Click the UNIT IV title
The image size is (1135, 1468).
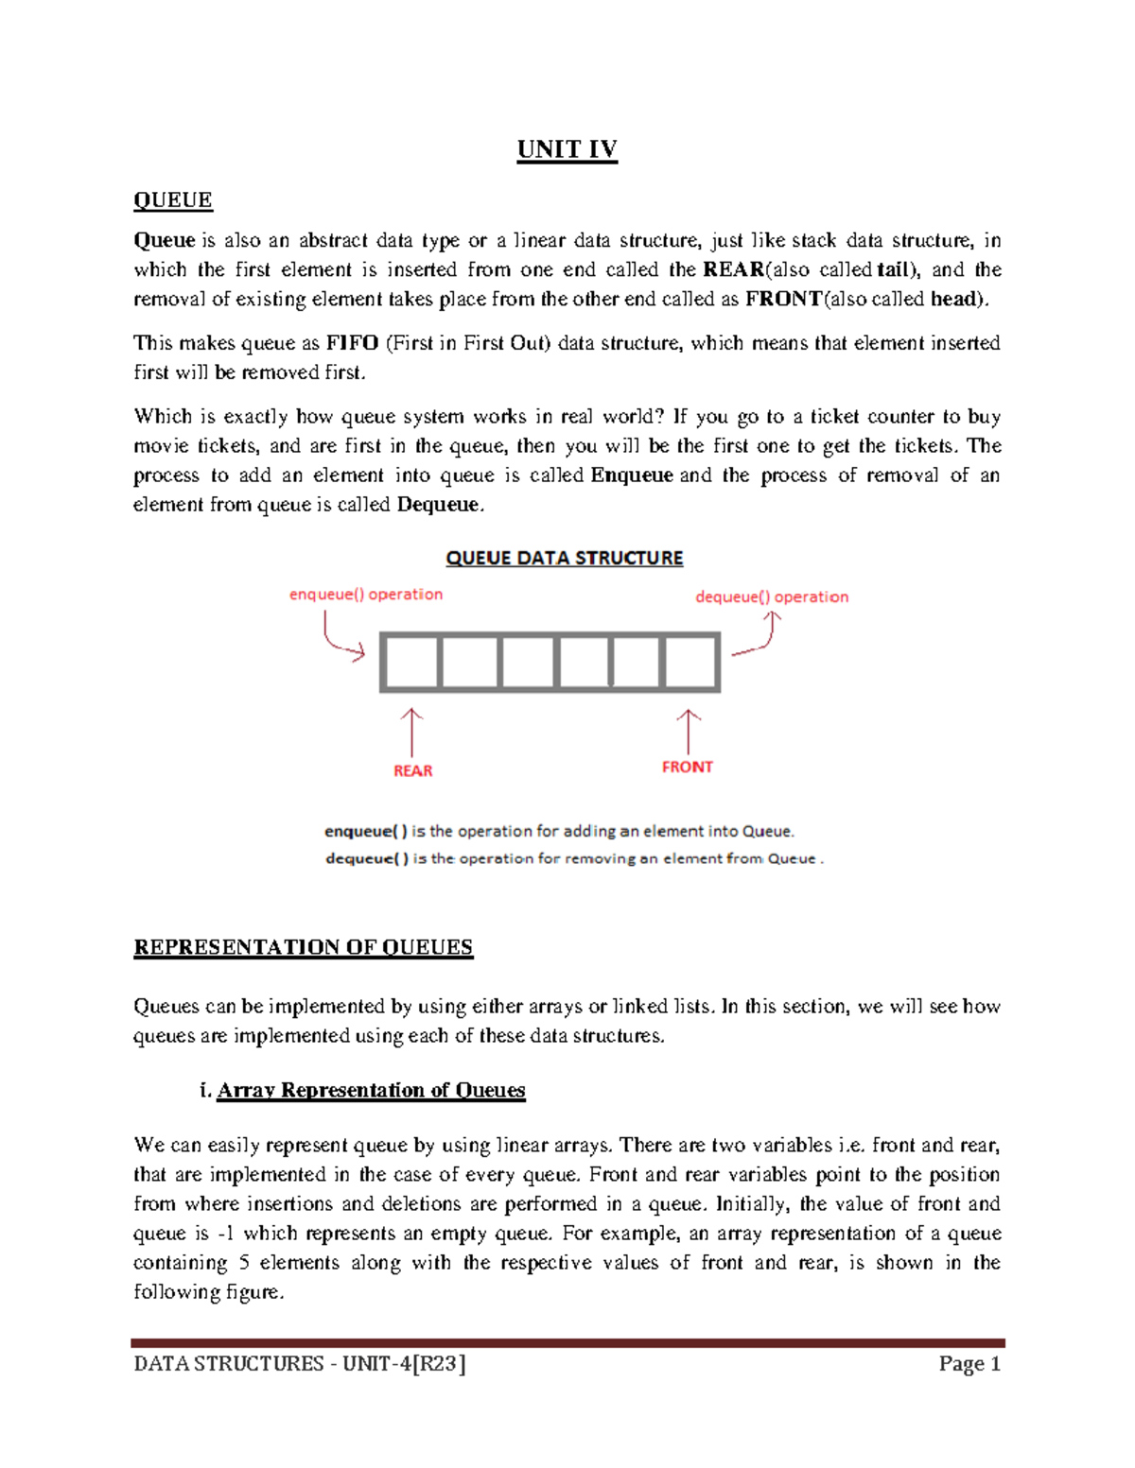click(x=567, y=150)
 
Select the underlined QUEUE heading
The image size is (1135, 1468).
click(x=173, y=200)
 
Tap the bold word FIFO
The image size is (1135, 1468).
click(x=352, y=343)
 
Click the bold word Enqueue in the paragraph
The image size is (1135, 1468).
click(x=632, y=475)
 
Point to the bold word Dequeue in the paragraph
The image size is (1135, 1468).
click(x=439, y=505)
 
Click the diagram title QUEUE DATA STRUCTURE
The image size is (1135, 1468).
click(x=564, y=559)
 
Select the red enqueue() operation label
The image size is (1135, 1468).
click(x=365, y=595)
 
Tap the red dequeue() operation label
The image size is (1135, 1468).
click(x=772, y=597)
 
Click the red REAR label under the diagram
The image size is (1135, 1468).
click(x=412, y=771)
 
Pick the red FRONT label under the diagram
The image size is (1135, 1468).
click(x=688, y=768)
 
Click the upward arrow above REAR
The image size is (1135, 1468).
click(x=411, y=731)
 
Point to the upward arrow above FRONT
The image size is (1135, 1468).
click(x=689, y=731)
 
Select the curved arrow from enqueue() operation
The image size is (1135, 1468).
click(x=340, y=637)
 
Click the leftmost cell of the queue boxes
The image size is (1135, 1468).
click(x=411, y=663)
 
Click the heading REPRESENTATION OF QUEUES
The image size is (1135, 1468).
click(x=303, y=948)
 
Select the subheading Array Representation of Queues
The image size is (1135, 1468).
click(x=371, y=1091)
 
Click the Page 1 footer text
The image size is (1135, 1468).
click(x=969, y=1364)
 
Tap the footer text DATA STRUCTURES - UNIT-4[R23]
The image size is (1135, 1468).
click(x=300, y=1364)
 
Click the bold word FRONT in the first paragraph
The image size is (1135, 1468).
click(x=783, y=300)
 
